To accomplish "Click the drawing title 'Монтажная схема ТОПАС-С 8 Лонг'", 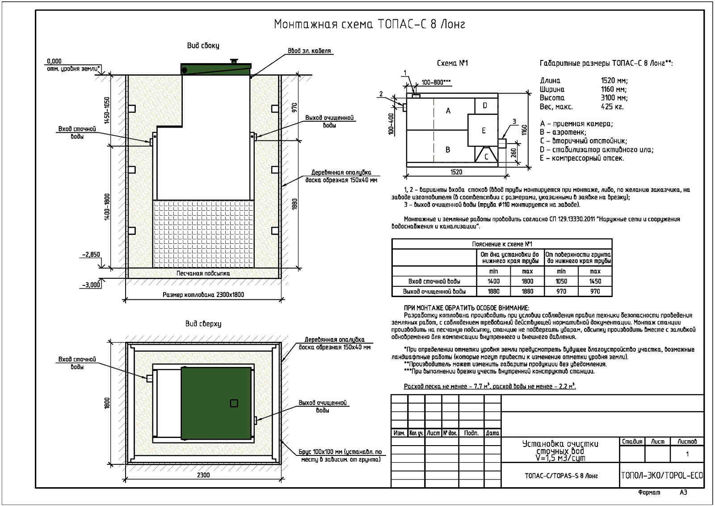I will click(369, 24).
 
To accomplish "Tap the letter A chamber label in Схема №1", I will click(448, 111).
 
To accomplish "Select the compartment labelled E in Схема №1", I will click(483, 131).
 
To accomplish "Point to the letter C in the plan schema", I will click(486, 157).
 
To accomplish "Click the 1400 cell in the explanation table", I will click(493, 281).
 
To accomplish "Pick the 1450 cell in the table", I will click(595, 281).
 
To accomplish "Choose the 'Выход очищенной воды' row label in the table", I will click(434, 292).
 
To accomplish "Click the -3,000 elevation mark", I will click(91, 285).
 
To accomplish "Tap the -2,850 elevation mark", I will click(91, 255).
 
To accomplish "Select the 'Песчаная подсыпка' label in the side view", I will click(203, 273).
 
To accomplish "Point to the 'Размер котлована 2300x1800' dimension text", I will click(203, 295).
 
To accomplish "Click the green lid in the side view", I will click(215, 69).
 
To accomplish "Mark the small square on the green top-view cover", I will click(234, 404).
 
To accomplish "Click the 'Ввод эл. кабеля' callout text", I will click(309, 51).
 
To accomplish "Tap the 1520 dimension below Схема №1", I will click(456, 172).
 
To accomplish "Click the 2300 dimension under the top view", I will click(203, 475).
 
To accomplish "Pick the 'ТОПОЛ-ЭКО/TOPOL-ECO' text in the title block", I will click(661, 476).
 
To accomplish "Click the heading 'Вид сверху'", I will click(203, 324).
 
